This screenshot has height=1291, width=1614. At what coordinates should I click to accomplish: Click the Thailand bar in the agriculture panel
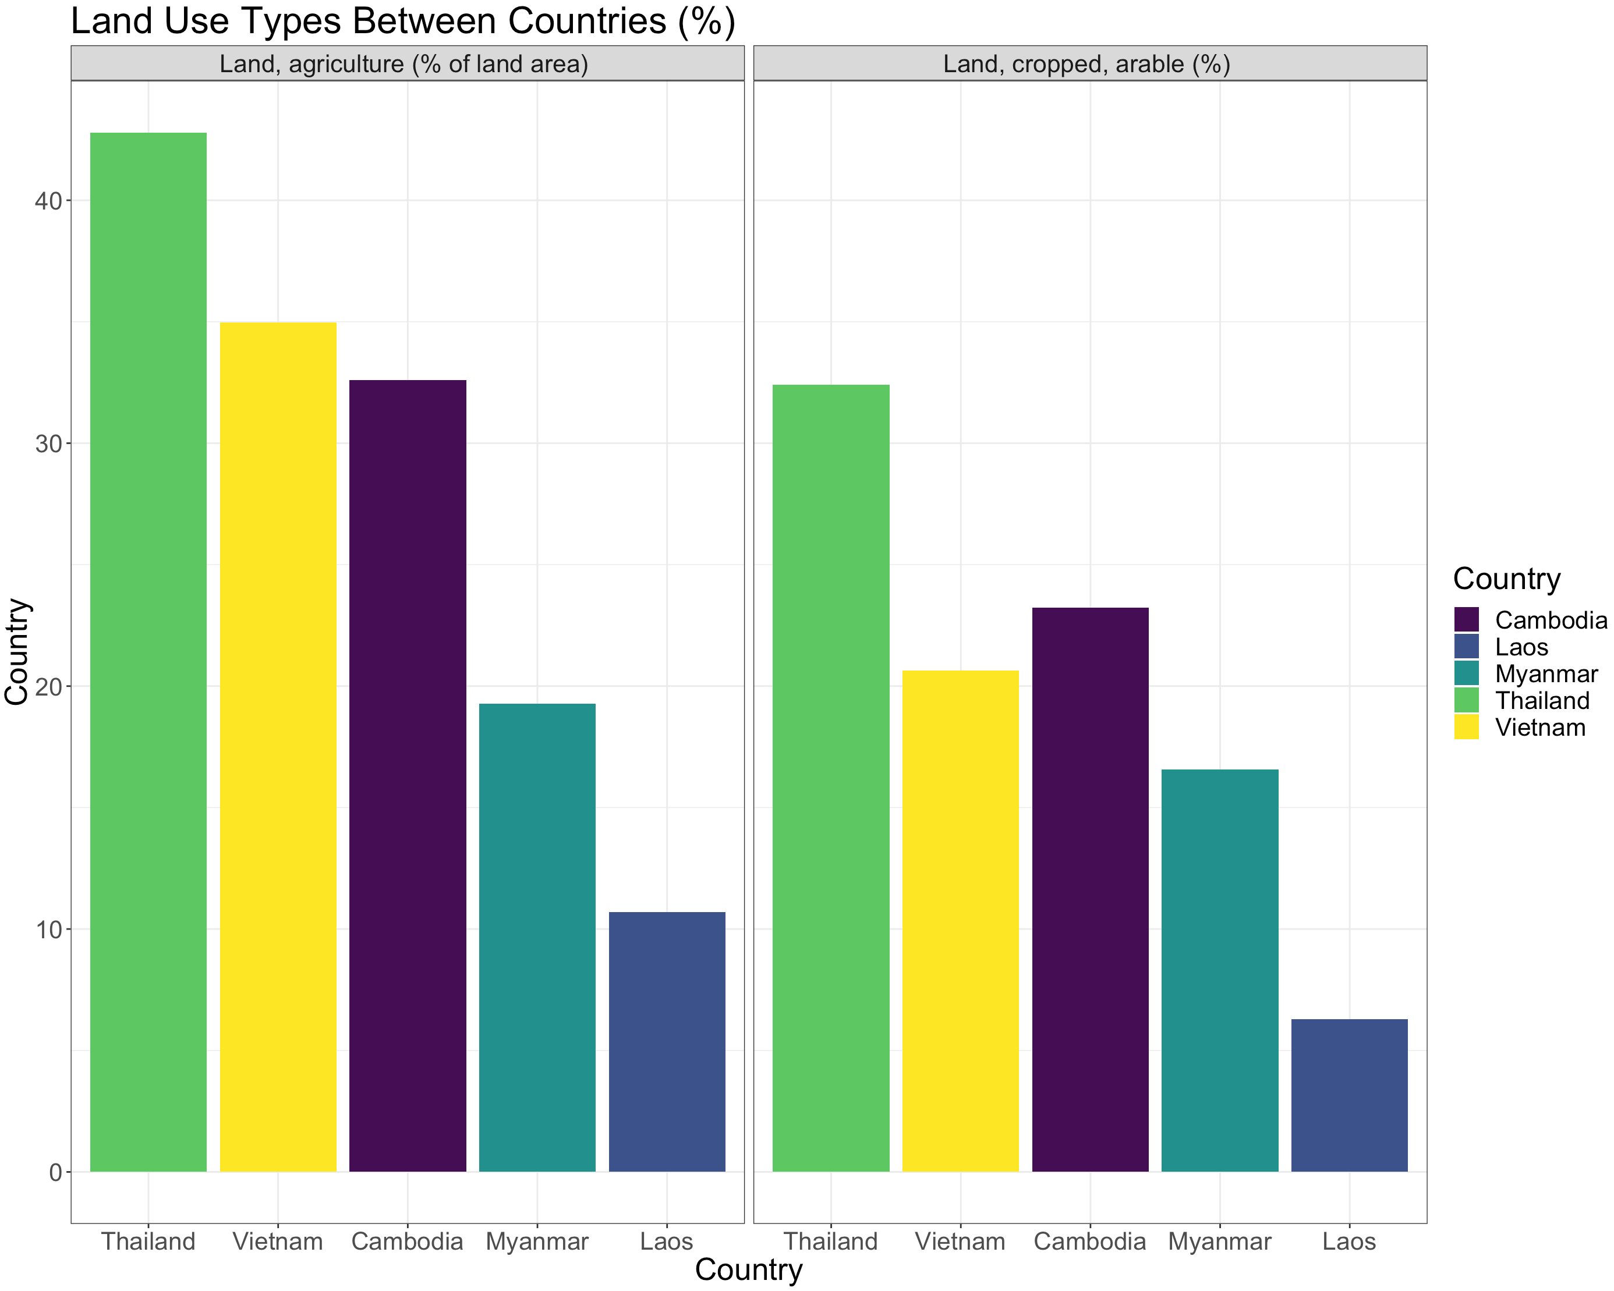[x=148, y=651]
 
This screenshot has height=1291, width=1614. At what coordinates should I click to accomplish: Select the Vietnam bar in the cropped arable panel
[x=961, y=921]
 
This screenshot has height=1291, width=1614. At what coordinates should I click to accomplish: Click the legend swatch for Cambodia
[x=1467, y=620]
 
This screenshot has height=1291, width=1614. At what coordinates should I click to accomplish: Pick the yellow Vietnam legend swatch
[x=1467, y=727]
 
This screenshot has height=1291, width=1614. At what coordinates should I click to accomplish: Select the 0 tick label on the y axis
[x=55, y=1173]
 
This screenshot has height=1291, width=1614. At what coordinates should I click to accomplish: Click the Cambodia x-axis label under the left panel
[x=407, y=1242]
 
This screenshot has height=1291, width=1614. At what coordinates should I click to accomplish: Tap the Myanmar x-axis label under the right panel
[x=1219, y=1242]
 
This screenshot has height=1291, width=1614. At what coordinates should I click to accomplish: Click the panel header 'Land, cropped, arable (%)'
[x=1086, y=63]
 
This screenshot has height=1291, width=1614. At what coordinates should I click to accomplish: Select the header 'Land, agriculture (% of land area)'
[x=403, y=63]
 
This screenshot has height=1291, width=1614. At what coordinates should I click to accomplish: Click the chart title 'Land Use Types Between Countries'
[x=403, y=20]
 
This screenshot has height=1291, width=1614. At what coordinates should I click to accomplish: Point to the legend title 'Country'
[x=1506, y=579]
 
